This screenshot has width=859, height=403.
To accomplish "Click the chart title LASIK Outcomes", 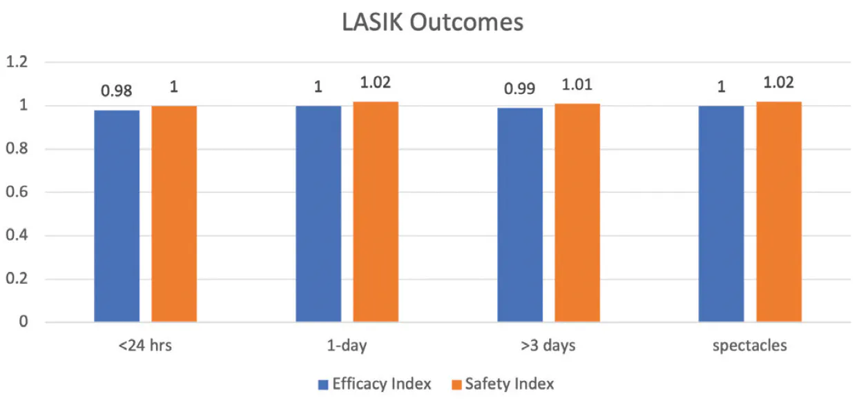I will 433,22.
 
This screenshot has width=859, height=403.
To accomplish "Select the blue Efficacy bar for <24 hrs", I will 117,215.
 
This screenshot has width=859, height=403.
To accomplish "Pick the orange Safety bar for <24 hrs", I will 174,213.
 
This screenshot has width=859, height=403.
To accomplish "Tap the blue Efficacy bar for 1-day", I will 318,213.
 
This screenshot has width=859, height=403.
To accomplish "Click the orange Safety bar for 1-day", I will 376,211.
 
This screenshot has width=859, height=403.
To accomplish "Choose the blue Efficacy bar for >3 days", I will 520,215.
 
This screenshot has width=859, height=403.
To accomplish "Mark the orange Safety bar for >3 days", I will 577,213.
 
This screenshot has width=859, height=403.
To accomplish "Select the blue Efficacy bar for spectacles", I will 721,213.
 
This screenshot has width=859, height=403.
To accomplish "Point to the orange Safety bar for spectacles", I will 779,211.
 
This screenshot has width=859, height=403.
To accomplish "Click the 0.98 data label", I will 117,90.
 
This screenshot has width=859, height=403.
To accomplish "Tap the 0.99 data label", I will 520,88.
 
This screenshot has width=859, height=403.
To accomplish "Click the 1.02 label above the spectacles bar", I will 779,82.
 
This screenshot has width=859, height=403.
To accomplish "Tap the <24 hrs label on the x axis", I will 145,346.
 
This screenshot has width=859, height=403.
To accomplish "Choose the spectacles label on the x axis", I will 750,346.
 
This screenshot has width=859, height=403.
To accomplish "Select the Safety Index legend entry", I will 501,384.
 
